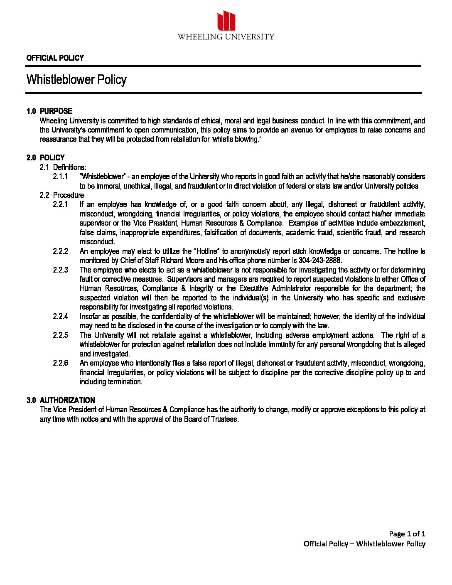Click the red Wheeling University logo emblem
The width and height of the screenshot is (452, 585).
(226, 20)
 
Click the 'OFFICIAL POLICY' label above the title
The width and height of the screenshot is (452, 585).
(55, 58)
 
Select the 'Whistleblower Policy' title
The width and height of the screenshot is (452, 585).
(76, 79)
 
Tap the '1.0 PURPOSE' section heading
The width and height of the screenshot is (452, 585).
(49, 111)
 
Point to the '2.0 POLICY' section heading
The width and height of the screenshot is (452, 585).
(46, 157)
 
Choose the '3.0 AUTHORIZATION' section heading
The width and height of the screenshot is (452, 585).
(61, 400)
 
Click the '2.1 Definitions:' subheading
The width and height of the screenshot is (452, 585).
(63, 167)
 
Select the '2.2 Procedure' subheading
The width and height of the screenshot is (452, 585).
(62, 195)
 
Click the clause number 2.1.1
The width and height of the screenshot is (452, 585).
(60, 177)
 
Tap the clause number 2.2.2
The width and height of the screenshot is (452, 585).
(60, 251)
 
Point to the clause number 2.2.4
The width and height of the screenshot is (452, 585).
(60, 317)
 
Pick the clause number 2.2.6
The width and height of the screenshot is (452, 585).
(60, 363)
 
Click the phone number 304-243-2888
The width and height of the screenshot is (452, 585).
(320, 261)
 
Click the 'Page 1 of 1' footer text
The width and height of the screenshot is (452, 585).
(407, 533)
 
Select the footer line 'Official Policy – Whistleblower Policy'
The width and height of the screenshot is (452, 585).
(364, 543)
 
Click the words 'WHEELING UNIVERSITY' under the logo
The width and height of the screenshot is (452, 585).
(226, 37)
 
